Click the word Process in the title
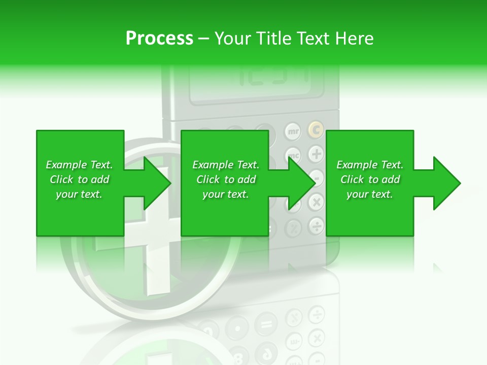(x=159, y=39)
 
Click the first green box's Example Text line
(x=79, y=165)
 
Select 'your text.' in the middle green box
(x=225, y=194)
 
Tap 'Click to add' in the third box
(x=370, y=179)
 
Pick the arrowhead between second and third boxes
(x=301, y=183)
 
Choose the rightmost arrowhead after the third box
(x=446, y=183)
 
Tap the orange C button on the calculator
(x=316, y=131)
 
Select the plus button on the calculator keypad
(x=316, y=154)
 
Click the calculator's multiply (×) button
(x=316, y=202)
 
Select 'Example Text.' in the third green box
(x=370, y=165)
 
